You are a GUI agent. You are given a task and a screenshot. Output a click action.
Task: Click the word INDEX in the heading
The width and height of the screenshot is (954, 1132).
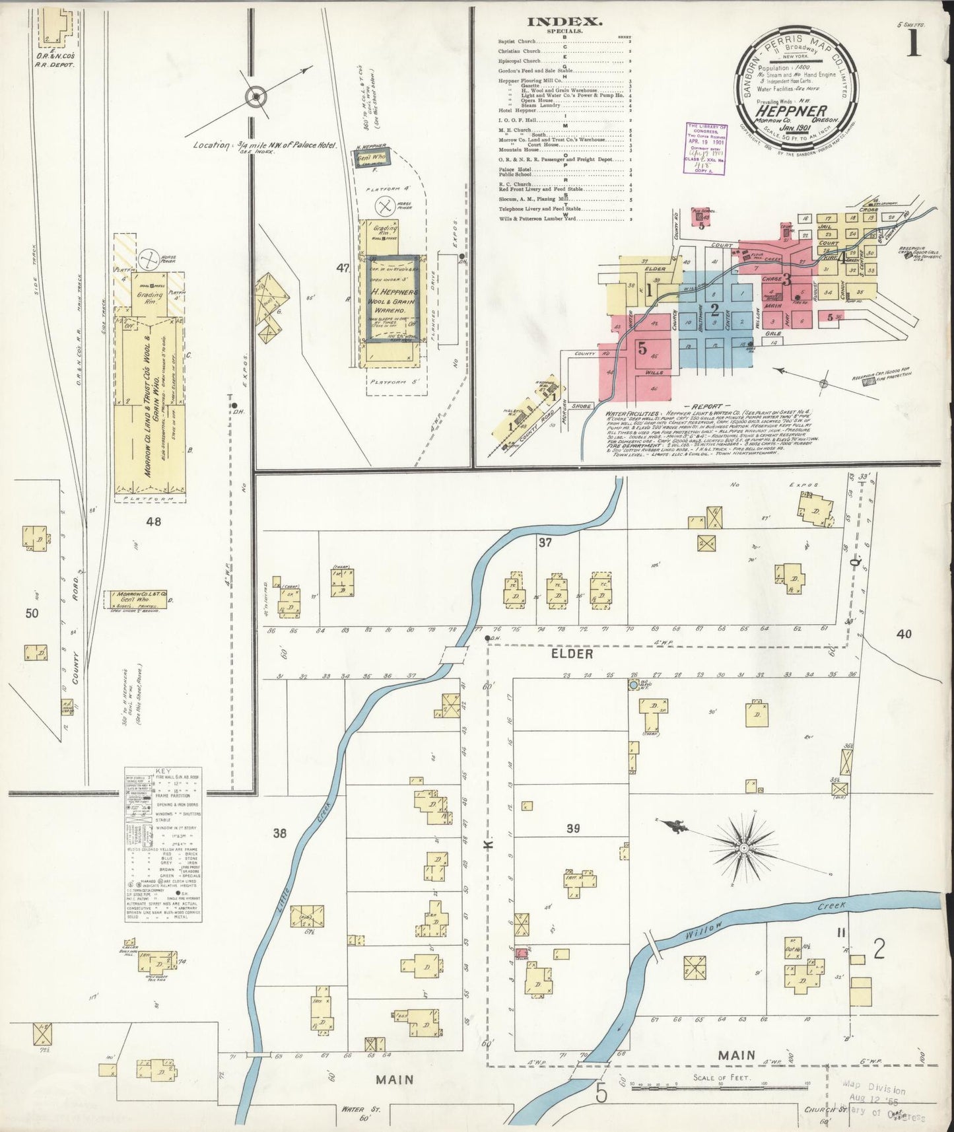click(x=573, y=21)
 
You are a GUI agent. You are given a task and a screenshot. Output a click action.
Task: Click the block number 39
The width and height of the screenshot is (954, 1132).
click(x=572, y=828)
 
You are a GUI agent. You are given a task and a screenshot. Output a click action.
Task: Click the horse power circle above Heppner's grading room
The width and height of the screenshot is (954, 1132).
click(x=382, y=206)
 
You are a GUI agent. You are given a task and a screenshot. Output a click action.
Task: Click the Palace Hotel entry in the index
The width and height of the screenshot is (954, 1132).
click(x=516, y=169)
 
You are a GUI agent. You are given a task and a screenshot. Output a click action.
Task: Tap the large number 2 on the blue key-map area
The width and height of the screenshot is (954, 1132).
click(x=714, y=308)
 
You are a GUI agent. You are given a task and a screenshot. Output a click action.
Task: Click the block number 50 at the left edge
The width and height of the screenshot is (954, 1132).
click(x=32, y=613)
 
